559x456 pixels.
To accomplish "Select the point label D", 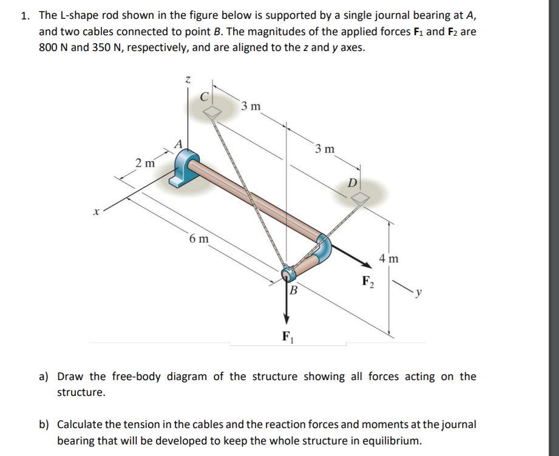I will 351,182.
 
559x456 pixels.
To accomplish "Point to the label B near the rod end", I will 293,290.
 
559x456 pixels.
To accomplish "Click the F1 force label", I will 288,335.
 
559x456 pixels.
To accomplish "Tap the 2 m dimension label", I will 144,163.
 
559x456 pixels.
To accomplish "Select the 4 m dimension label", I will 388,259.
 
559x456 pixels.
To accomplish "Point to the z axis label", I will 188,80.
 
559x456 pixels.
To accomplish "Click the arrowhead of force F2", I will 368,265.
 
